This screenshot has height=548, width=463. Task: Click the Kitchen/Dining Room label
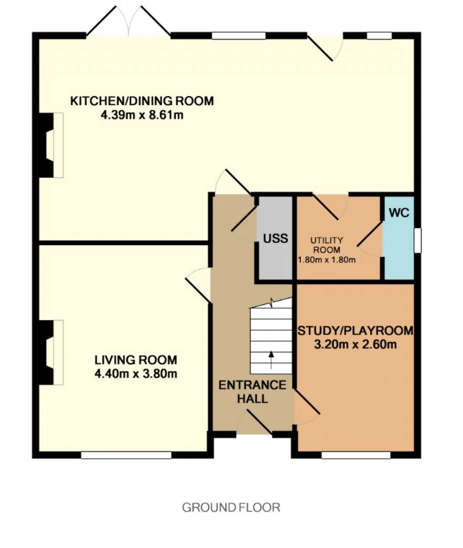pyautogui.click(x=142, y=101)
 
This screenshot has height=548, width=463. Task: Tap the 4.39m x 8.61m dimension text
pyautogui.click(x=142, y=115)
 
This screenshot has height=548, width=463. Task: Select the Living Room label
pyautogui.click(x=136, y=360)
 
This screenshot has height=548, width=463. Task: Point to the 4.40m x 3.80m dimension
pyautogui.click(x=136, y=374)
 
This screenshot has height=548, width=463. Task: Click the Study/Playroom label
pyautogui.click(x=355, y=331)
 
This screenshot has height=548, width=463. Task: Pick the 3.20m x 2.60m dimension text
pyautogui.click(x=355, y=344)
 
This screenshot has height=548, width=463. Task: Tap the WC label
pyautogui.click(x=399, y=213)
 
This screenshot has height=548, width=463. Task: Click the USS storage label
pyautogui.click(x=276, y=239)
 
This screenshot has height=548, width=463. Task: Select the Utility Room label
pyautogui.click(x=327, y=245)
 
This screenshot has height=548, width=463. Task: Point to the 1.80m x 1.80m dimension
pyautogui.click(x=327, y=260)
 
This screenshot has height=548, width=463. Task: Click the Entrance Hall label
pyautogui.click(x=252, y=392)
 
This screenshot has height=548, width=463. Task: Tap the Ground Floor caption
pyautogui.click(x=231, y=508)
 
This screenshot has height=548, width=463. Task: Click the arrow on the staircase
pyautogui.click(x=271, y=360)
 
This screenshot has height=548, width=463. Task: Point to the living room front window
pyautogui.click(x=126, y=455)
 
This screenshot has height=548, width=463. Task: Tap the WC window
pyautogui.click(x=417, y=241)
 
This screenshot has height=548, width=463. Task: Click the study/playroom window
pyautogui.click(x=356, y=455)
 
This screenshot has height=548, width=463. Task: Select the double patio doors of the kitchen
pyautogui.click(x=129, y=21)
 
